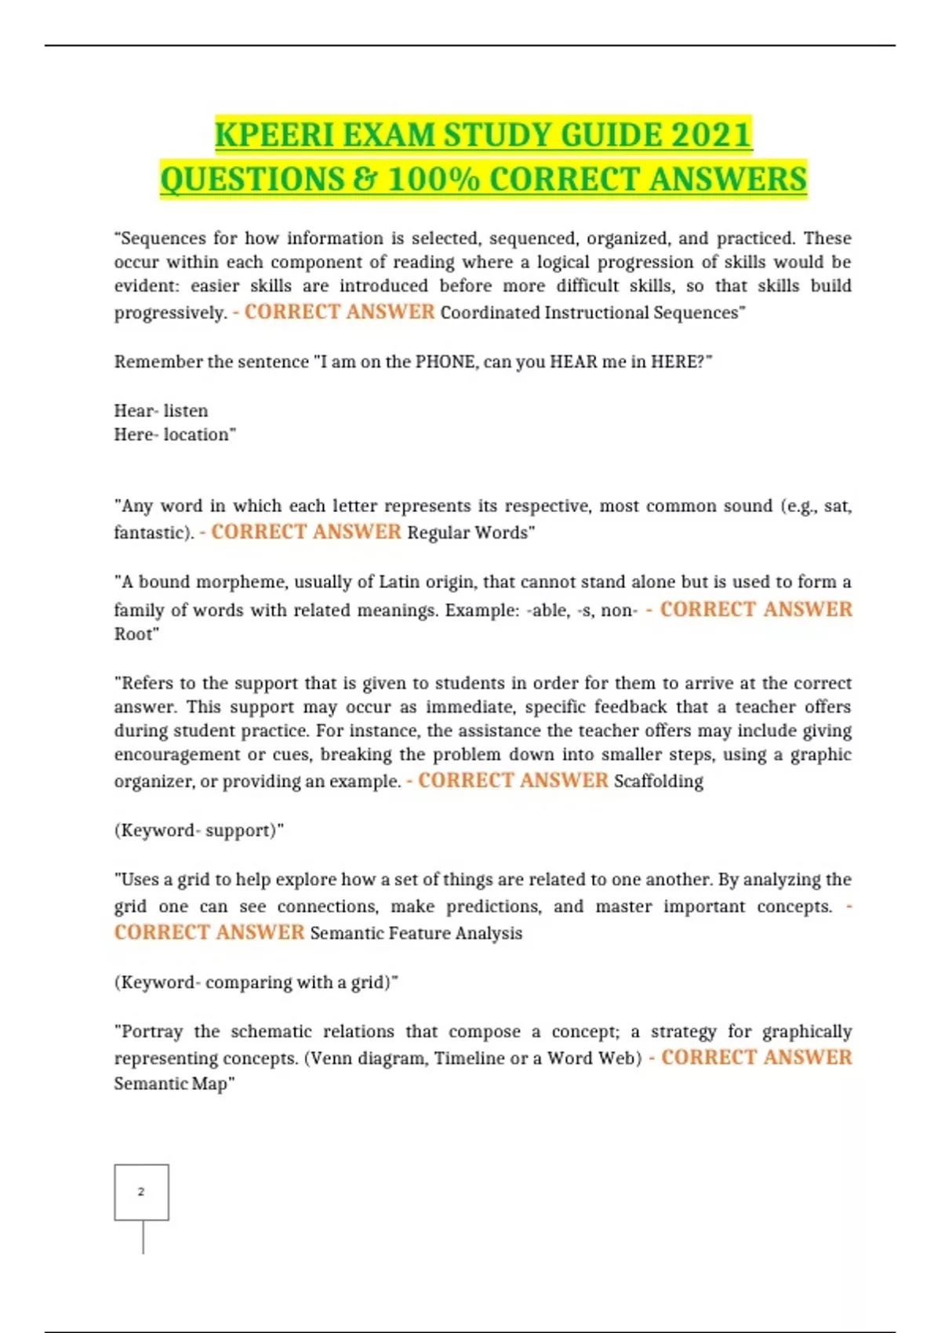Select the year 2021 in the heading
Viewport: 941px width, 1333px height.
[711, 135]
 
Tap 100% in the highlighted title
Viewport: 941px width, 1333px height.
[433, 180]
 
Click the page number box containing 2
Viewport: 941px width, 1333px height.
[141, 1192]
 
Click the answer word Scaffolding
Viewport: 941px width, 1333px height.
[659, 781]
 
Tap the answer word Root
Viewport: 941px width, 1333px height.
[135, 634]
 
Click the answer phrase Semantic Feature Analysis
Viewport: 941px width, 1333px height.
[416, 933]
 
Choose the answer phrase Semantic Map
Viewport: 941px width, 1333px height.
[172, 1084]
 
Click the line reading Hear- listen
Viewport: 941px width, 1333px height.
[161, 411]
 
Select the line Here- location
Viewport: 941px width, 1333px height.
[173, 434]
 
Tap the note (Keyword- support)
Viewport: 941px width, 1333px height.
[198, 830]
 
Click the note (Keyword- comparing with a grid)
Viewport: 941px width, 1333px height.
[255, 982]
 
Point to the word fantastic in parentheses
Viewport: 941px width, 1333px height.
[151, 532]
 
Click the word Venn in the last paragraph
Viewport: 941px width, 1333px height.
[329, 1059]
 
